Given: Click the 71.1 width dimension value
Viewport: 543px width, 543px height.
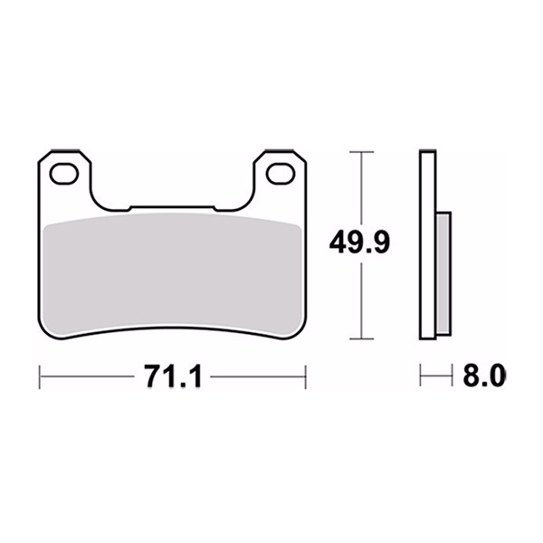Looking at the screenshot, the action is click(174, 376).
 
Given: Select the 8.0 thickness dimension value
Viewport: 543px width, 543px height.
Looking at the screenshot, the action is click(484, 376).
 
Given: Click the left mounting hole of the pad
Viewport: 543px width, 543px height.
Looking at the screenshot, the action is click(63, 173).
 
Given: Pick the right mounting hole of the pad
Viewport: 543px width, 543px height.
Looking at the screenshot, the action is click(281, 173).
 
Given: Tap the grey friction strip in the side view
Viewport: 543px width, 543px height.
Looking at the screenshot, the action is click(443, 273).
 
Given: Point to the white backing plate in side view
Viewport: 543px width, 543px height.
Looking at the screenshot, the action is click(427, 244).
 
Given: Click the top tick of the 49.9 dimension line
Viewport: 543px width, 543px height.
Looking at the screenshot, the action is click(361, 152).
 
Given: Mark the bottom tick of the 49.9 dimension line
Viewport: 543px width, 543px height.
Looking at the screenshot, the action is click(361, 338).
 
